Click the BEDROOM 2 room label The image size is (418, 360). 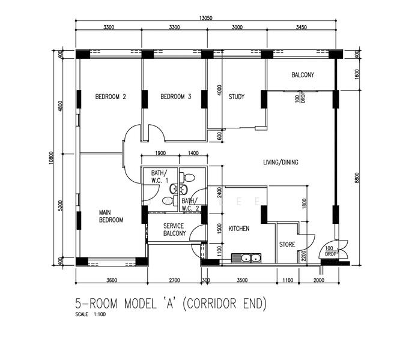point(111,97)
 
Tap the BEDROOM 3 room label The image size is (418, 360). point(176,97)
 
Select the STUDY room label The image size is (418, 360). point(236,97)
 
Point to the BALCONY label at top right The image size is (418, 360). point(303,75)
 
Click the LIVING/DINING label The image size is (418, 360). point(280,163)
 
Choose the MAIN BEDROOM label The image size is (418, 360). point(111,216)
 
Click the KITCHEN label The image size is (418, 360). point(238,229)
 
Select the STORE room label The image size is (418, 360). point(287,245)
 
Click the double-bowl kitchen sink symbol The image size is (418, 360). point(246,259)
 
